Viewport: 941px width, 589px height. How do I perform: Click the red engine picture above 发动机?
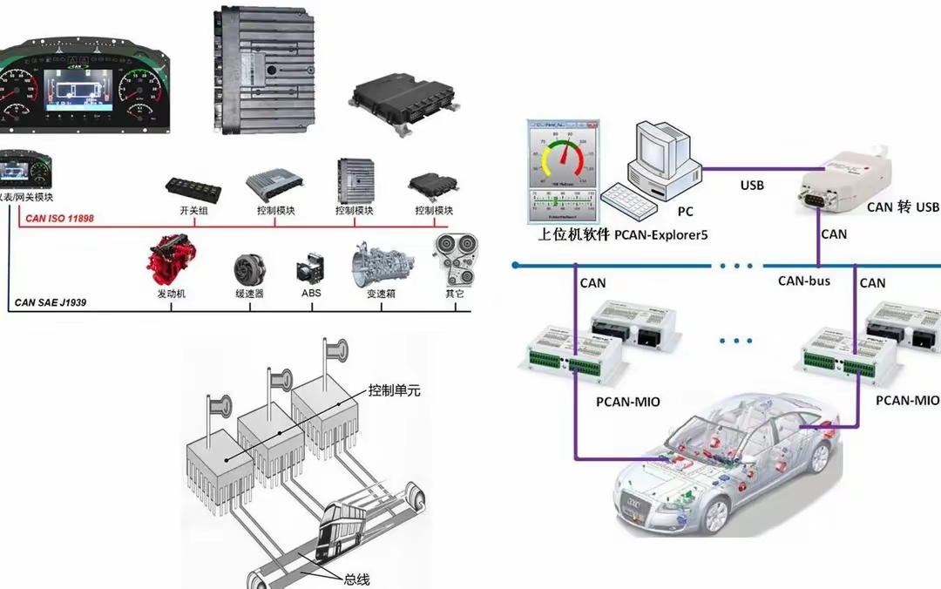tap(172, 256)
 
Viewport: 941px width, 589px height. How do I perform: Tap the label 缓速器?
tap(250, 294)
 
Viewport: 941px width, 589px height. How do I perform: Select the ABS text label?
tap(311, 293)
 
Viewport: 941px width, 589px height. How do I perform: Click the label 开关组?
tap(193, 211)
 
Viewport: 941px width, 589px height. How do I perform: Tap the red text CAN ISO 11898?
tap(59, 219)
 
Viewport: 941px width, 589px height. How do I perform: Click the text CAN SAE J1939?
tap(50, 304)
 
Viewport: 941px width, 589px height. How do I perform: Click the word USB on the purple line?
tap(752, 185)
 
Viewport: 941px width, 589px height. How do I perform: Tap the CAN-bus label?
tap(804, 281)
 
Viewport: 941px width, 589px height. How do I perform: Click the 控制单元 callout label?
tap(394, 390)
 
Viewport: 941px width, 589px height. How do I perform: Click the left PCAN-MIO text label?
tap(628, 402)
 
